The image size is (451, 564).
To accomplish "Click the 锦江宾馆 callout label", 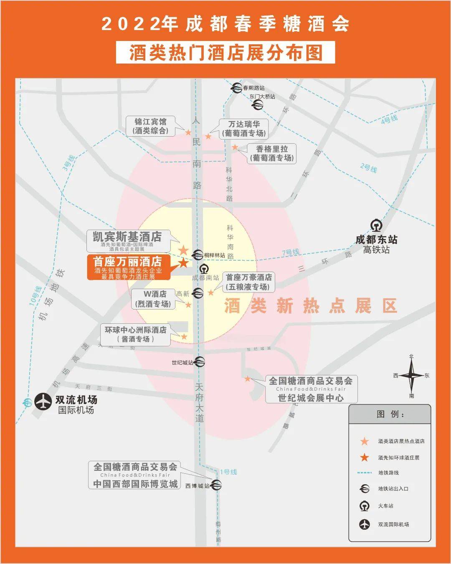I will click(x=150, y=126).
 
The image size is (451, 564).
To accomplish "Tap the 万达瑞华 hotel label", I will click(x=244, y=129).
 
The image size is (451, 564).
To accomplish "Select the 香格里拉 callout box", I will click(x=272, y=153).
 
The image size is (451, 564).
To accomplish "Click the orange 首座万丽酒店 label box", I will click(x=127, y=267).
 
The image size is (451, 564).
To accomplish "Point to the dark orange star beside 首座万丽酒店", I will click(x=184, y=263).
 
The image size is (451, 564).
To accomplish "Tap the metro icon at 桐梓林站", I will click(x=198, y=254).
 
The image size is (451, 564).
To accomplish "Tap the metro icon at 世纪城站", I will click(x=200, y=362).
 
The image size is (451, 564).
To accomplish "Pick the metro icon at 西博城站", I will click(x=216, y=485).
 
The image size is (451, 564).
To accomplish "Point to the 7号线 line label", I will click(x=291, y=253).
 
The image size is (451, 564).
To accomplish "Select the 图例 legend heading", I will click(x=390, y=414).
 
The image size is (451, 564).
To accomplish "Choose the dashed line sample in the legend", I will click(x=365, y=473).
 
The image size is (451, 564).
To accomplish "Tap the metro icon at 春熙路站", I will click(x=238, y=88).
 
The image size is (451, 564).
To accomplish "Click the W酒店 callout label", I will click(x=154, y=299).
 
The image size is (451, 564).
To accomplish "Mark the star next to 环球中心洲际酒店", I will click(x=184, y=337).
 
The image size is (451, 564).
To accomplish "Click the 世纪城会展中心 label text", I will click(x=311, y=398).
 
